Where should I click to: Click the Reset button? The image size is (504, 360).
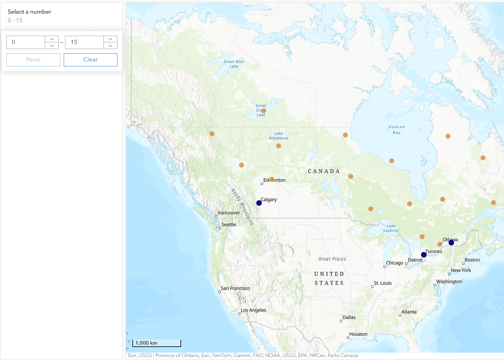(33, 60)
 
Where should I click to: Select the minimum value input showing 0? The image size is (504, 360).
(26, 42)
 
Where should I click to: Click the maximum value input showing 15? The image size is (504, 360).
(84, 42)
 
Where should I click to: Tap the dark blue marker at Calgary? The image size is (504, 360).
(259, 203)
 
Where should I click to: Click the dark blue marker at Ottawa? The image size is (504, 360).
(451, 243)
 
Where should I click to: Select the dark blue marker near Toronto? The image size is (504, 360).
(424, 255)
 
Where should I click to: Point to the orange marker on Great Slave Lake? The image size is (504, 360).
(264, 110)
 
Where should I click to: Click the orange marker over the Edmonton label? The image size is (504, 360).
(272, 179)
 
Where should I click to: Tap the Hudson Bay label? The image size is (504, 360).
(397, 130)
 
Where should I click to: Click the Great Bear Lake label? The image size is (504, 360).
(234, 64)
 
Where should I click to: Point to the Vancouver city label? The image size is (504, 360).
(228, 213)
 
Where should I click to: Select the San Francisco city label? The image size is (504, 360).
(235, 288)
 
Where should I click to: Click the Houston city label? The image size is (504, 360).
(358, 334)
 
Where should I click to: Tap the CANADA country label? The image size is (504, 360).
(324, 171)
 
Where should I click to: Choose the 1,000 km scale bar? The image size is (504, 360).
(157, 343)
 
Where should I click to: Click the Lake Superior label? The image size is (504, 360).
(391, 228)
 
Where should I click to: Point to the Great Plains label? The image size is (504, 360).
(332, 259)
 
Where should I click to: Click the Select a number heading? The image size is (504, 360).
(29, 12)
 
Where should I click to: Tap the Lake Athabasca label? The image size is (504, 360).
(279, 136)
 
